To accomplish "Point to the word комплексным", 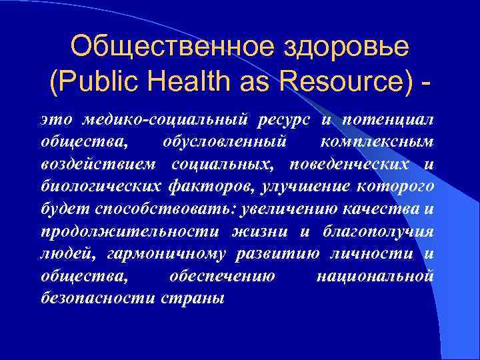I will pyautogui.click(x=377, y=142).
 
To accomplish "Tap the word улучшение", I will pyautogui.click(x=302, y=187).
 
